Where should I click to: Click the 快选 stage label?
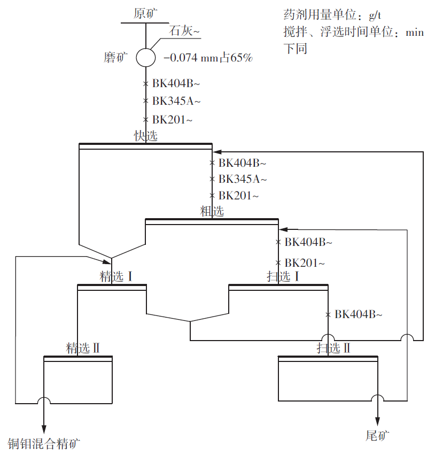click(145, 136)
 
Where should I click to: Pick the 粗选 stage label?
click(212, 211)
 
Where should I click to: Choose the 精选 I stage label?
click(115, 276)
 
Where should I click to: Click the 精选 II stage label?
click(83, 348)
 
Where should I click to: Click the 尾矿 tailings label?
click(378, 436)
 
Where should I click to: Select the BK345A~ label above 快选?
click(176, 101)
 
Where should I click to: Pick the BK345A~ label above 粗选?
click(242, 179)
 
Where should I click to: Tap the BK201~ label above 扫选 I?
click(305, 263)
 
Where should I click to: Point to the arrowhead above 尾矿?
click(378, 420)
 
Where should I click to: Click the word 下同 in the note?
click(295, 49)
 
